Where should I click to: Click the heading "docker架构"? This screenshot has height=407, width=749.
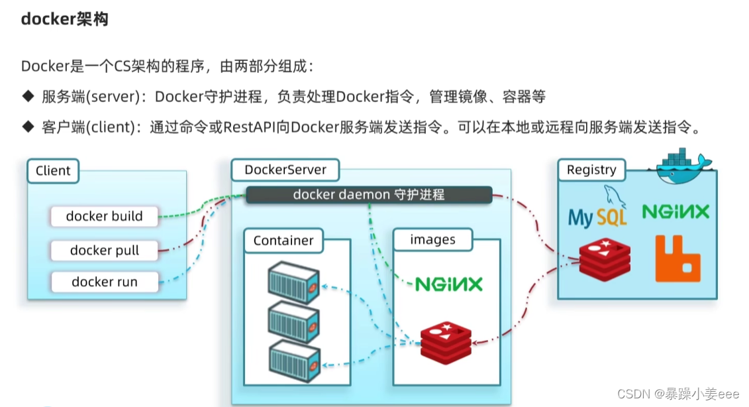coord(64,19)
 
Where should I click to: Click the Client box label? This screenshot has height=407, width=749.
coord(53,170)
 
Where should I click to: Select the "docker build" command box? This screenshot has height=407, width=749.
coord(104,216)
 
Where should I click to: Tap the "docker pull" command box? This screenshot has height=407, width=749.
coord(104,251)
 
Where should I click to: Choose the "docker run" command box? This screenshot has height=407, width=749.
coord(104,282)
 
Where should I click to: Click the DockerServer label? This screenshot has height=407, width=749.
coord(285,170)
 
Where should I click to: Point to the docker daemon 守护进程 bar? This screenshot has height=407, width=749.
coord(369,194)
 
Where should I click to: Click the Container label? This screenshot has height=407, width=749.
coord(283,241)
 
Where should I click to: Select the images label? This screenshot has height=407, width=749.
coord(432,240)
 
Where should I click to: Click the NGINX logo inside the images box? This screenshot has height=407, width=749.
coord(448,284)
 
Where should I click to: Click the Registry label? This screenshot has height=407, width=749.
coord(591,170)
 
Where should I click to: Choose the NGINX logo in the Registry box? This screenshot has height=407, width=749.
coord(675,211)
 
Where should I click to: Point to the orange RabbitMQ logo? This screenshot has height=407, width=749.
coord(677,259)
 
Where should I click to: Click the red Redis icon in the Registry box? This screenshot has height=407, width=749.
coord(604,261)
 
